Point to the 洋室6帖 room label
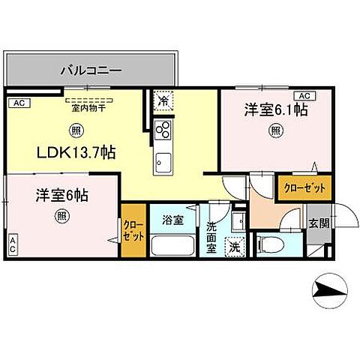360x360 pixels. tap(61, 196)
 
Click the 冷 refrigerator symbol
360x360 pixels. tap(163, 99)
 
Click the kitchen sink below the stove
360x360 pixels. tap(162, 160)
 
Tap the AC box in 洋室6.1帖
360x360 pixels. tap(305, 96)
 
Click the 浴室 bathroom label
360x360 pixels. tap(173, 220)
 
